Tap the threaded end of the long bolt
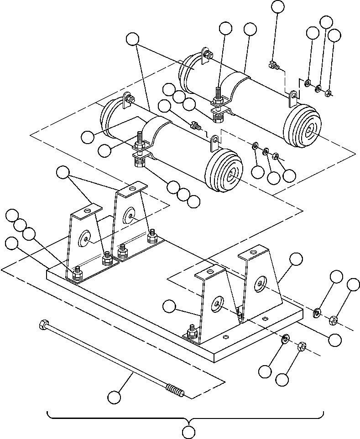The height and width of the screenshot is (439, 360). [x=175, y=392]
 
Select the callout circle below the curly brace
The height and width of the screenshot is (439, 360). [x=188, y=431]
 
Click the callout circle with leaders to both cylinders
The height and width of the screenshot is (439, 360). [x=132, y=40]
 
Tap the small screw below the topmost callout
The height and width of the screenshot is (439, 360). [x=274, y=65]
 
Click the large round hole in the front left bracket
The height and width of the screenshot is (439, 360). [x=85, y=238]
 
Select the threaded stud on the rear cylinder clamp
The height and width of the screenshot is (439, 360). [x=219, y=94]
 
